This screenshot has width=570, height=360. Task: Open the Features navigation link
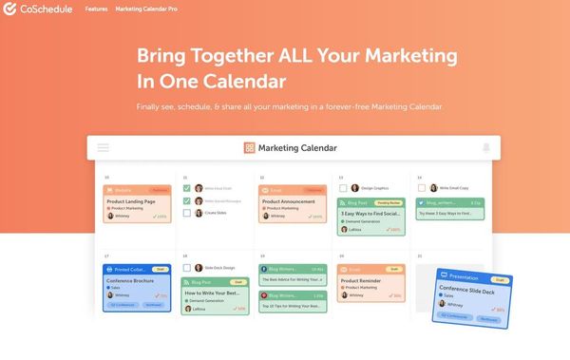click(96, 9)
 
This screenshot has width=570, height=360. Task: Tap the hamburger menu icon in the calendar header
click(103, 148)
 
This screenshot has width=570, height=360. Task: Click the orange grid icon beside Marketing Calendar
click(249, 148)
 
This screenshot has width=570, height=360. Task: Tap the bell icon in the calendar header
click(486, 148)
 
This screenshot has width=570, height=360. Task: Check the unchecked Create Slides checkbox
click(186, 213)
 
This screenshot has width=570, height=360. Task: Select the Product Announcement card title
click(289, 200)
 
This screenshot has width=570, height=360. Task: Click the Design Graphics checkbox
click(342, 188)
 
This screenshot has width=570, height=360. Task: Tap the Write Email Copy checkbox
click(420, 188)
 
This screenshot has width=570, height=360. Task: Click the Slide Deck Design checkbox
click(186, 268)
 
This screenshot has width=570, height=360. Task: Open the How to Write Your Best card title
click(213, 294)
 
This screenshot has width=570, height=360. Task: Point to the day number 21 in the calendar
click(419, 256)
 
